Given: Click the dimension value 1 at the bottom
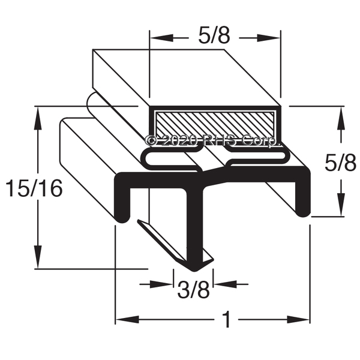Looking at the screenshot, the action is click(x=227, y=319).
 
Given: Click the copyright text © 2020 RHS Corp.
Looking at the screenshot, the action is click(x=213, y=140).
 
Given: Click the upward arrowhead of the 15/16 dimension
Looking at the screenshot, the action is click(x=38, y=118).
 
